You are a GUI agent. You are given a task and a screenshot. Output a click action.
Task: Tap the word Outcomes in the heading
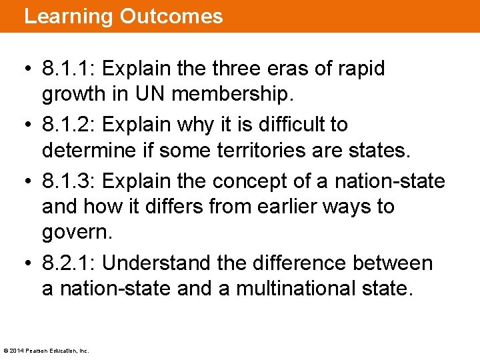coord(171,16)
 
